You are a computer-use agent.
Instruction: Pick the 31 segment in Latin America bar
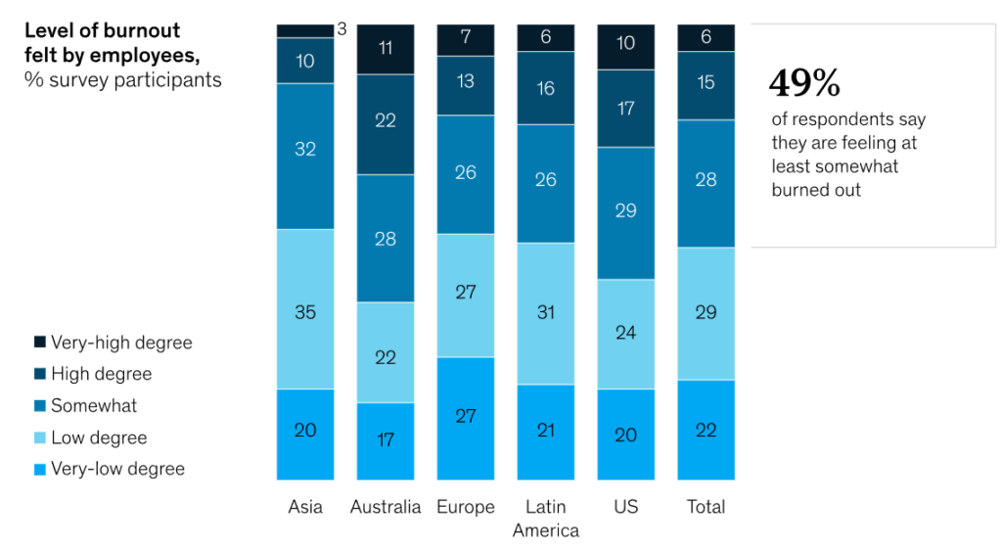point(546,313)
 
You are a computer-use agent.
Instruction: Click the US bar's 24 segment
point(626,334)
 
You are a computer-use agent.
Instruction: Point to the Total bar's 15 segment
point(706,85)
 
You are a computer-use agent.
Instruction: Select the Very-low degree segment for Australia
point(386,440)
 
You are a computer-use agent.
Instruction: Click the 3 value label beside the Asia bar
point(342,29)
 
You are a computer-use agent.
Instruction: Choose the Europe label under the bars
point(466,507)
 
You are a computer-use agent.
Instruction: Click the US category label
point(626,507)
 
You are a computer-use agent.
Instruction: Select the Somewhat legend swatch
point(40,405)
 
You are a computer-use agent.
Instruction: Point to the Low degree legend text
point(99,437)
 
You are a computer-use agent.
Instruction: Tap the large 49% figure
point(804,84)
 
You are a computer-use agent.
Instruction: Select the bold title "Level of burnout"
point(103,30)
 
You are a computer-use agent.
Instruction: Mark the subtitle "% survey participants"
point(123,79)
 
